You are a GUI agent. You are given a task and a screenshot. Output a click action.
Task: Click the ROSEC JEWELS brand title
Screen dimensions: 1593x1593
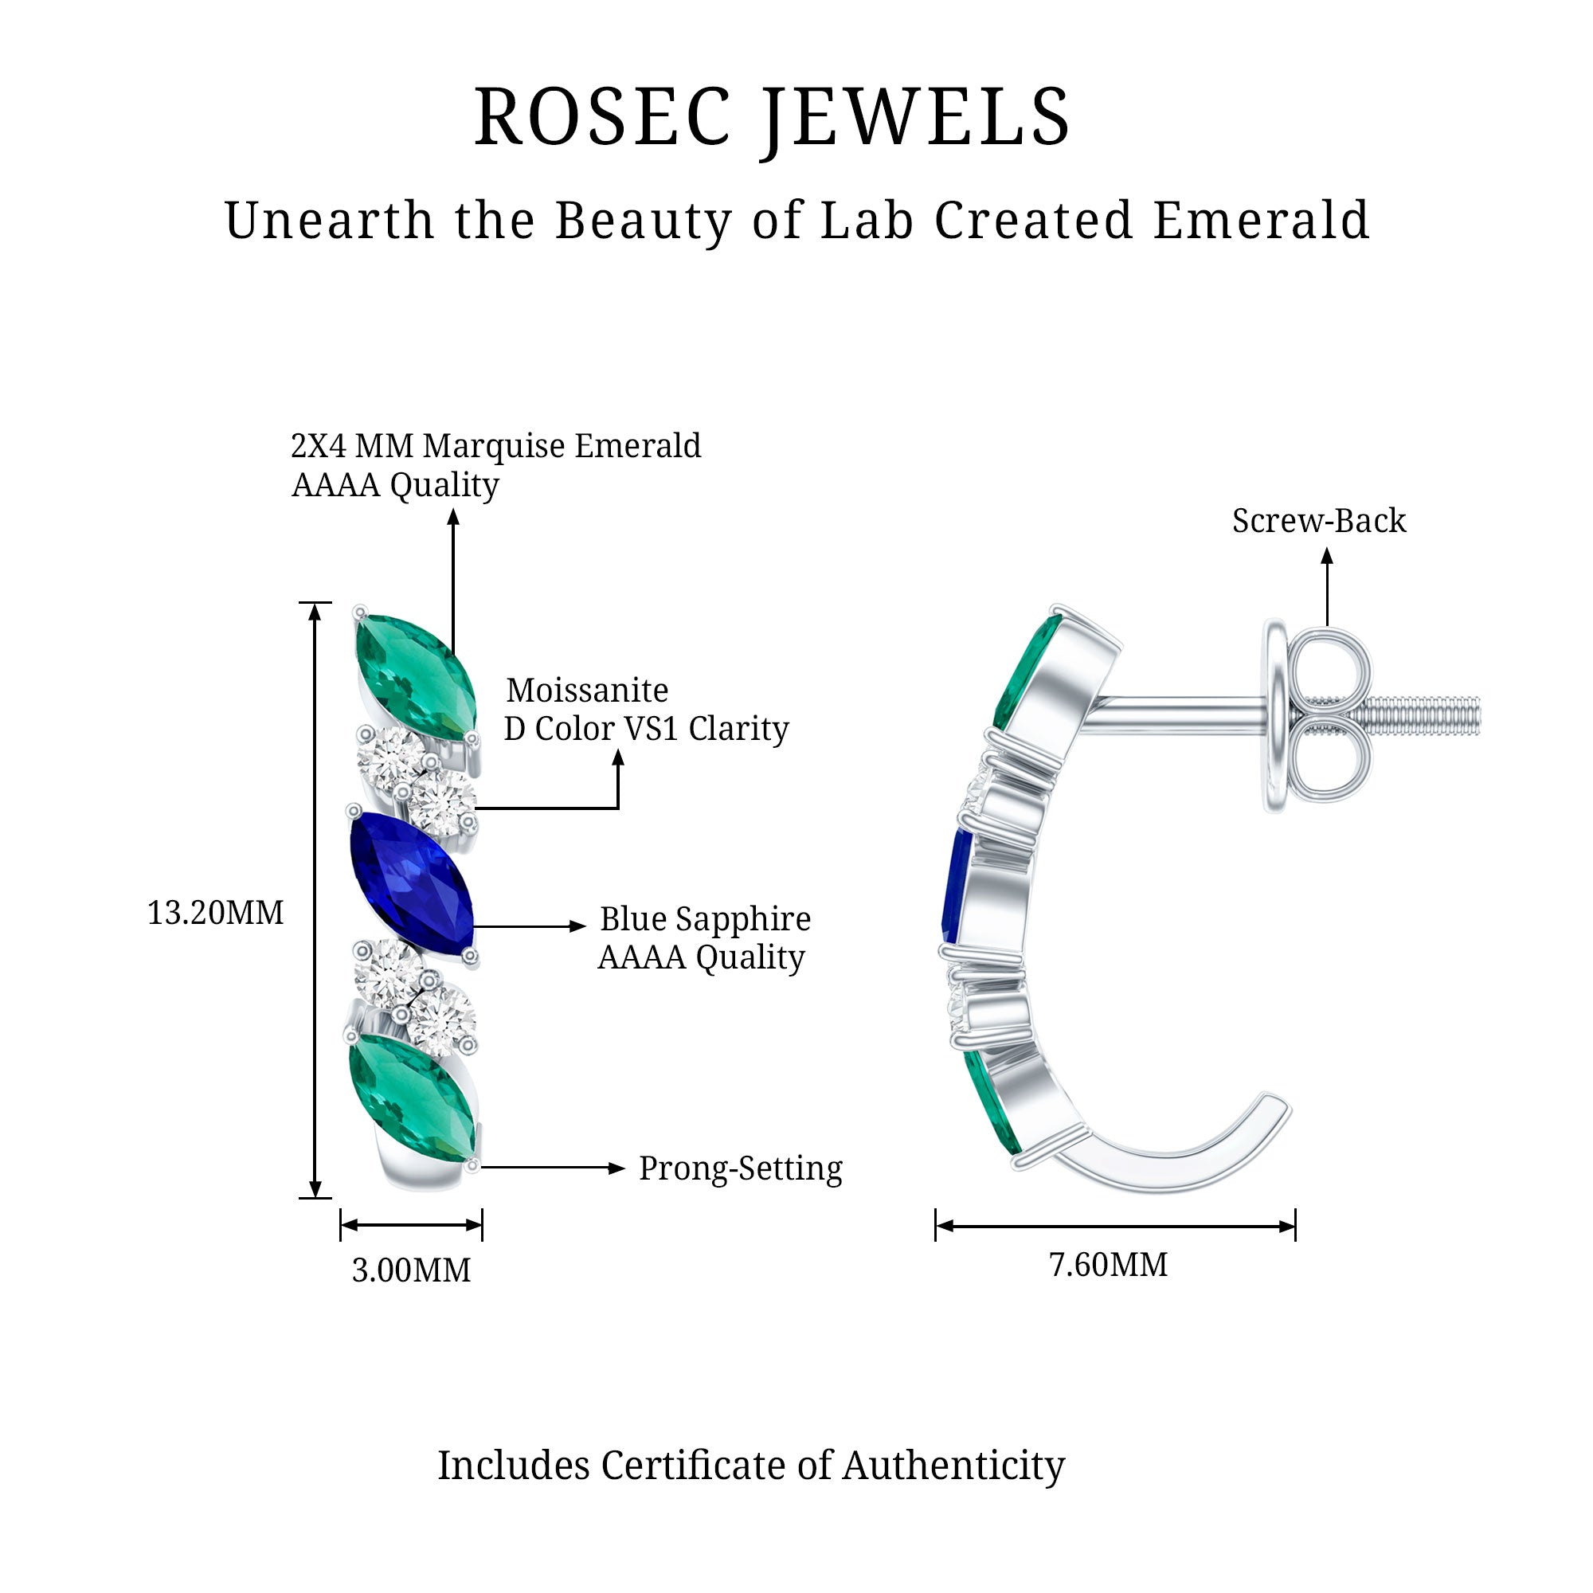click(x=772, y=117)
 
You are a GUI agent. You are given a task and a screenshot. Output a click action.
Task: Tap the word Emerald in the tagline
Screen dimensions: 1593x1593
click(x=1261, y=221)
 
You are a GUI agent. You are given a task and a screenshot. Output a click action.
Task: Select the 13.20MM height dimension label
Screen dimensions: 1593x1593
click(x=215, y=913)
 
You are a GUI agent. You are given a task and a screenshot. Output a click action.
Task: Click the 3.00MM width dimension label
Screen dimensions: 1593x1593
click(x=411, y=1270)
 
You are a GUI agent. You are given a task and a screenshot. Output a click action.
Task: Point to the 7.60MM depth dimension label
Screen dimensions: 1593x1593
click(x=1107, y=1265)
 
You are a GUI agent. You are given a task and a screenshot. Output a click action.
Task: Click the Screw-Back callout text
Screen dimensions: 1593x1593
click(x=1318, y=521)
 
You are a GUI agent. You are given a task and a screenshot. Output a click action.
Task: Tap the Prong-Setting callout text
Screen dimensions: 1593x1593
click(x=741, y=1168)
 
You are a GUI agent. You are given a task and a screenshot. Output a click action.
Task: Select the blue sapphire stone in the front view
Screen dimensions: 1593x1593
click(x=413, y=885)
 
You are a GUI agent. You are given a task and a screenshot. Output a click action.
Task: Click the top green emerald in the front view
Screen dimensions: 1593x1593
click(x=415, y=676)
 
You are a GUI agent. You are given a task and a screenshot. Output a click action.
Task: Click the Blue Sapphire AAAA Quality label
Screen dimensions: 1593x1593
click(x=704, y=937)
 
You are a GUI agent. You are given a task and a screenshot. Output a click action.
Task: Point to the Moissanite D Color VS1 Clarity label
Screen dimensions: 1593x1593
click(x=646, y=709)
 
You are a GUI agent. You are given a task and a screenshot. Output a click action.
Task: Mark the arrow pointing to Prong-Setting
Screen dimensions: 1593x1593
click(x=553, y=1168)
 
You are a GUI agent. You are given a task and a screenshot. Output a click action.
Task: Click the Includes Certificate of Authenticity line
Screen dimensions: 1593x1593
click(x=750, y=1466)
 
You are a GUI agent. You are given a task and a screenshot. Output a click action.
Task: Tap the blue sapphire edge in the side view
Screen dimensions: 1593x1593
click(x=957, y=887)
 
